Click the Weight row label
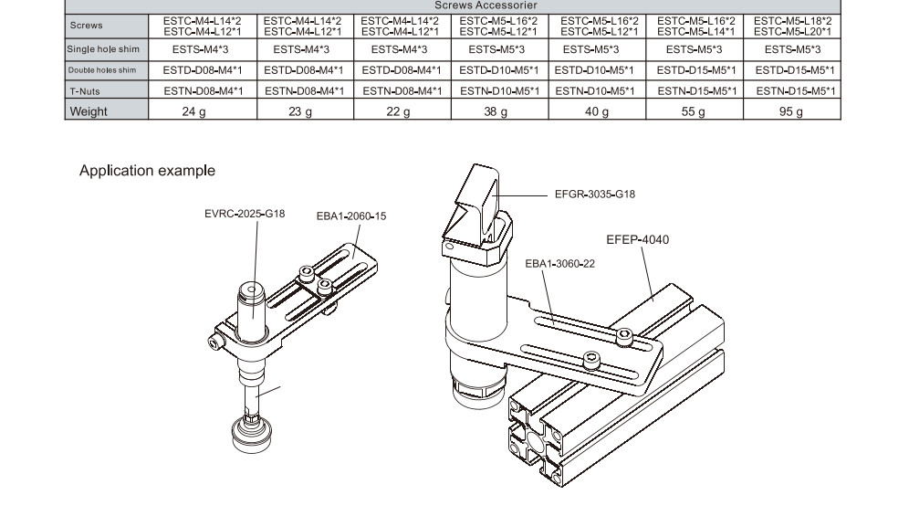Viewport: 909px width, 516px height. [89, 111]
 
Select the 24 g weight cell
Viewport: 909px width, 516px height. [193, 111]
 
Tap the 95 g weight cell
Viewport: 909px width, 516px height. [791, 111]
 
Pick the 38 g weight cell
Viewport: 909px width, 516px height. [496, 111]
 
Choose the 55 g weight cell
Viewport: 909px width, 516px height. [694, 111]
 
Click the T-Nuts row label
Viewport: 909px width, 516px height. [85, 90]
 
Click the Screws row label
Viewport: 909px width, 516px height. [86, 26]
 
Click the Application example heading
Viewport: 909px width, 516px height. [147, 171]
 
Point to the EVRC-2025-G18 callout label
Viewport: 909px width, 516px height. [245, 214]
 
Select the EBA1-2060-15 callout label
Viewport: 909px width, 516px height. [351, 216]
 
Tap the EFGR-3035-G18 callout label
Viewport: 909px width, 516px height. [594, 194]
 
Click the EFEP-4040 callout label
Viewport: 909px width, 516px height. [637, 240]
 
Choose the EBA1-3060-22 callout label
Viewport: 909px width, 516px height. [559, 263]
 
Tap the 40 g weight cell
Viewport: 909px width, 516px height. [596, 111]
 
